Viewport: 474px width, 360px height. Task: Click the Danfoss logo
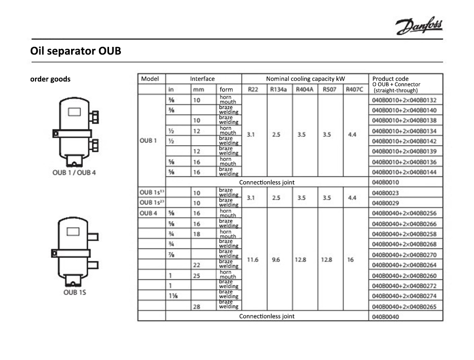click(x=419, y=27)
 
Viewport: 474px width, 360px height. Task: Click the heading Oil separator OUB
click(x=75, y=51)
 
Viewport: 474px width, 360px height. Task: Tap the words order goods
click(x=50, y=79)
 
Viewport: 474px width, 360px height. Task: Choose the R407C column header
click(x=355, y=89)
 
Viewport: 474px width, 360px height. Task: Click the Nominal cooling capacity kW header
click(x=305, y=79)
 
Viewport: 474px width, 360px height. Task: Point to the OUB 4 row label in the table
click(x=148, y=213)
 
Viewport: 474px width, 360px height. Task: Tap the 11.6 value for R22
click(x=253, y=260)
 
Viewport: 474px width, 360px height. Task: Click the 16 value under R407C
click(x=351, y=260)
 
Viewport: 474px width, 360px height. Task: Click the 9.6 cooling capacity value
click(x=276, y=260)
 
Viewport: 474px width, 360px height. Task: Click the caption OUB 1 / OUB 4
click(x=74, y=172)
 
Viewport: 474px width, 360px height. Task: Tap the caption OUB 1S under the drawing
click(x=75, y=292)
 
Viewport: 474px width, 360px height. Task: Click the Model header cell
click(x=150, y=79)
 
